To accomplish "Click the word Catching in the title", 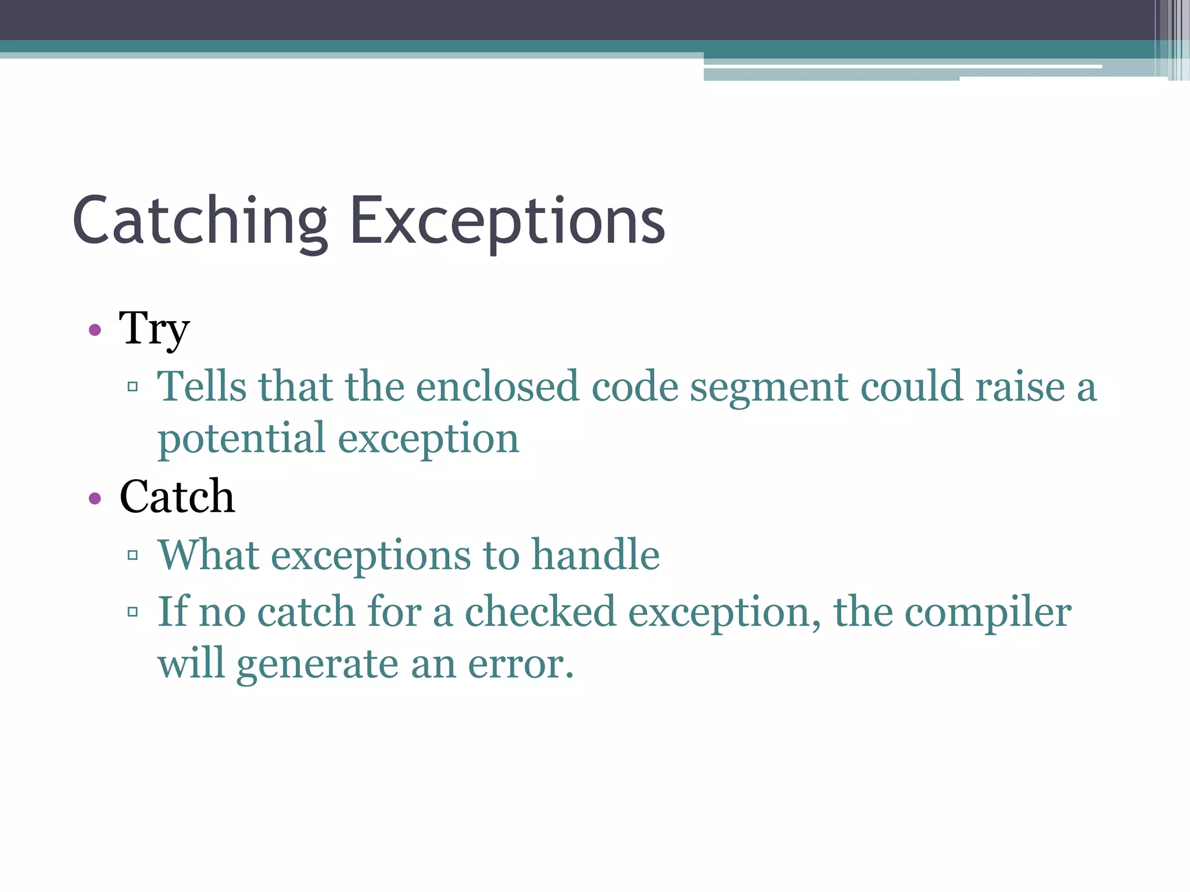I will coord(200,221).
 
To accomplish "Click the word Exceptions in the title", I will coord(507,221).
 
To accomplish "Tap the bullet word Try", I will coord(154,329).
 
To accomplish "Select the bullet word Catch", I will coord(177,497).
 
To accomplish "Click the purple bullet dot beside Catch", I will coord(95,498).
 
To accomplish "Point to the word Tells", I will coord(202,386).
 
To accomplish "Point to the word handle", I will coord(596,555).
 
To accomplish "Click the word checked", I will coord(540,612).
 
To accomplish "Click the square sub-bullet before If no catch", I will coord(132,612).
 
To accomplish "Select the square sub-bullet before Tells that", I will coord(132,386).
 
